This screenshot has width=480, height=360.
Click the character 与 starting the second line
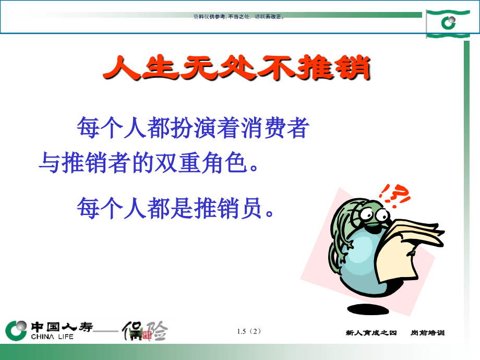[x=50, y=164]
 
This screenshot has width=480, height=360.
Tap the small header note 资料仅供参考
[x=209, y=17]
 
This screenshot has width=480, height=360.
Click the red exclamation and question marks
[x=394, y=195]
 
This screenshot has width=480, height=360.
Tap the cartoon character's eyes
[x=373, y=213]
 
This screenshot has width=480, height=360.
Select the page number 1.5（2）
[x=248, y=331]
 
